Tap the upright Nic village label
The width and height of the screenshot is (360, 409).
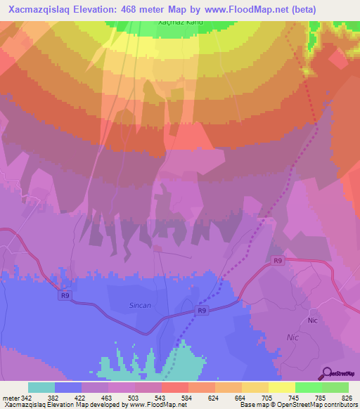(314, 320)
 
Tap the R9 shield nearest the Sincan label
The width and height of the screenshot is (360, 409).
(202, 310)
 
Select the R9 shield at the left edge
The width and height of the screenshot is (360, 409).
(65, 296)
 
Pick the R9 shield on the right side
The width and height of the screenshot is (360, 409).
(278, 261)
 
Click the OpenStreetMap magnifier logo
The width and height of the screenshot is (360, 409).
(328, 373)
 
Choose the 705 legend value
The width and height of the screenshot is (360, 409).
(264, 398)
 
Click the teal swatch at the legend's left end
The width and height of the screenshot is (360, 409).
(41, 387)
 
